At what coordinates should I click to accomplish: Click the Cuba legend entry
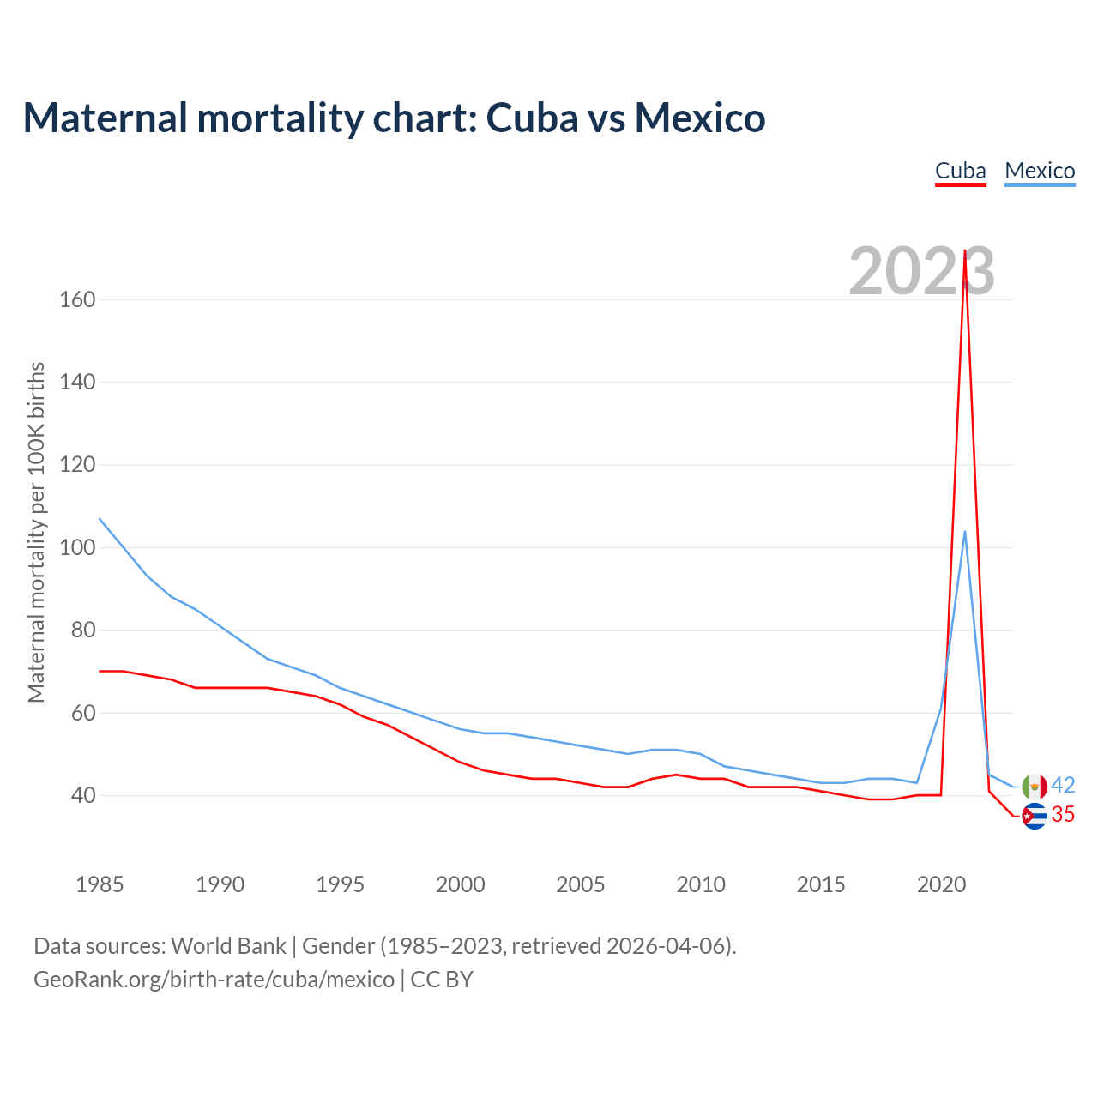(960, 171)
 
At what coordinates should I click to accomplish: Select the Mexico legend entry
(1040, 171)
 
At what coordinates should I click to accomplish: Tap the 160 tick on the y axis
(77, 300)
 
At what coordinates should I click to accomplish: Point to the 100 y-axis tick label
(77, 548)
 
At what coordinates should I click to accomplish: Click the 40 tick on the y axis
(82, 796)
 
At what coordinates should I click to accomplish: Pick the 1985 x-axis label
(100, 884)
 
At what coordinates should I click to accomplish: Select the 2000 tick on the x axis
(461, 884)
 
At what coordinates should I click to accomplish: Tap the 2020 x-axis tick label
(942, 884)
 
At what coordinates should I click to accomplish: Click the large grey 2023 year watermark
(921, 271)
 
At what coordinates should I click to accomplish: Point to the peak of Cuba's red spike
(965, 250)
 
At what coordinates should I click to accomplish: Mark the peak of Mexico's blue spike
(965, 531)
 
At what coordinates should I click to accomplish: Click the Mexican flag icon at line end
(1035, 786)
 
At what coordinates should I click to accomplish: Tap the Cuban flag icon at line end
(1035, 816)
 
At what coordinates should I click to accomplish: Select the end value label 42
(1063, 785)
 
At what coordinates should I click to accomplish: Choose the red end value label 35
(1063, 814)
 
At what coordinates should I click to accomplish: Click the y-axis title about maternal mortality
(36, 533)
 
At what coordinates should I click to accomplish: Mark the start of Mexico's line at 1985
(100, 518)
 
